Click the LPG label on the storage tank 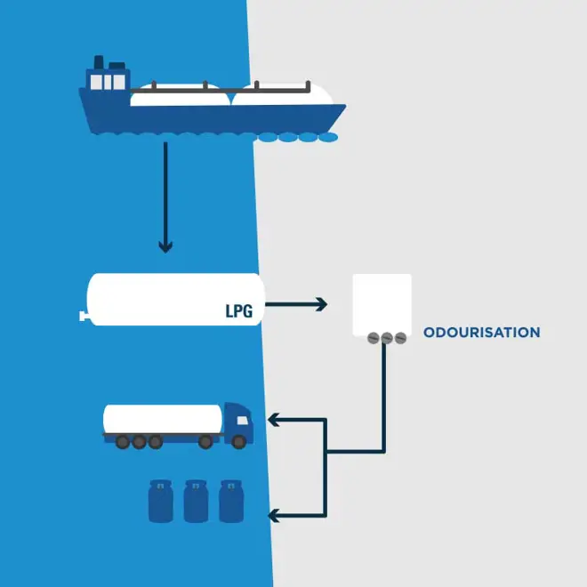239,312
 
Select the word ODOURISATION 481,333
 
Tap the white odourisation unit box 382,303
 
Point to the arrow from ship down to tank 165,196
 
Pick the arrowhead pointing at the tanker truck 275,419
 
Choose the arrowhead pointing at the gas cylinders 275,514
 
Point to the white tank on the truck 163,418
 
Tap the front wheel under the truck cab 238,441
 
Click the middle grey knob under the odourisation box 386,338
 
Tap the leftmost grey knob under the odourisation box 372,338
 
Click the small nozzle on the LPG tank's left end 83,314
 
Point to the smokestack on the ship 99,61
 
